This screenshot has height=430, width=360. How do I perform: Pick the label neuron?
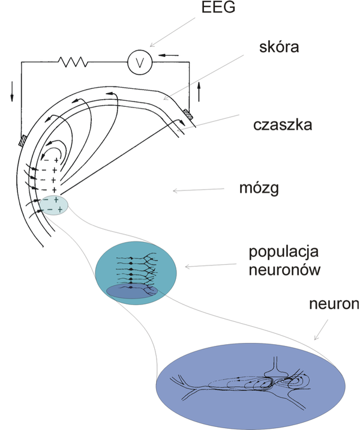pyautogui.click(x=334, y=306)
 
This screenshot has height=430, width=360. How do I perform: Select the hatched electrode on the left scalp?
pyautogui.click(x=22, y=142)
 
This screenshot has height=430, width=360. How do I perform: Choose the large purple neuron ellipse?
pyautogui.click(x=250, y=382)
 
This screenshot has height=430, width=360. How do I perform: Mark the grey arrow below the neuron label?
pyautogui.click(x=320, y=331)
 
